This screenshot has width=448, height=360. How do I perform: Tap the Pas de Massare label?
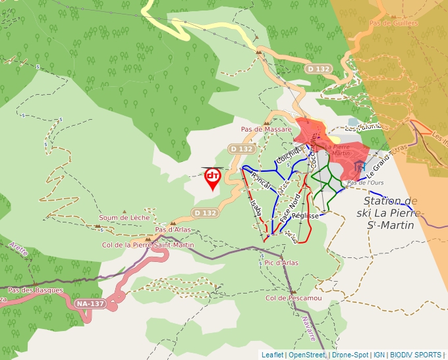point(266,130)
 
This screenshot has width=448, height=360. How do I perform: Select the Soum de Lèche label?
point(124,218)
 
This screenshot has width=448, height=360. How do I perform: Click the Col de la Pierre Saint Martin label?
point(148,245)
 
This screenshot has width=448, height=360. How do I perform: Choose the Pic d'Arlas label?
point(281,263)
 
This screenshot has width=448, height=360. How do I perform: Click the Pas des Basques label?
point(36,290)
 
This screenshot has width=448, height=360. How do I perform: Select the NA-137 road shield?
point(90,303)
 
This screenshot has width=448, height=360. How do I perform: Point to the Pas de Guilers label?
point(394,23)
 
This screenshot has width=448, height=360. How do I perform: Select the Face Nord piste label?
point(290,207)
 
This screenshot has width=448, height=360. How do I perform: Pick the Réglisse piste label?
point(305,215)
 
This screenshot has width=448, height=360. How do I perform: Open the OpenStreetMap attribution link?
point(307,355)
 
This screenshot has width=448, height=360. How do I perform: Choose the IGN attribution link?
point(379,355)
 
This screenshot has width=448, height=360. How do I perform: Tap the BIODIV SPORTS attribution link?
point(416,355)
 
